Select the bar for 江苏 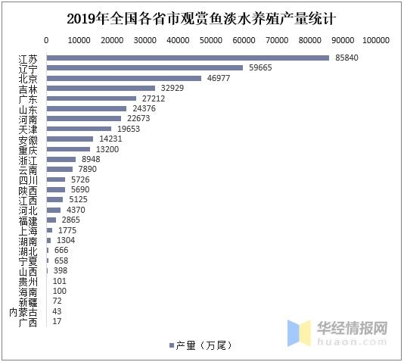[x=188, y=58]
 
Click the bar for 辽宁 [x=145, y=68]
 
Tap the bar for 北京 [x=124, y=78]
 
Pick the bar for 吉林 [x=101, y=89]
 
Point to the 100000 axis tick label [x=376, y=40]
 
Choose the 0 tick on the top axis [x=47, y=40]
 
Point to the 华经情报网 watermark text [x=352, y=330]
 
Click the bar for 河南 [x=84, y=119]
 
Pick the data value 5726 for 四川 [x=82, y=179]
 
